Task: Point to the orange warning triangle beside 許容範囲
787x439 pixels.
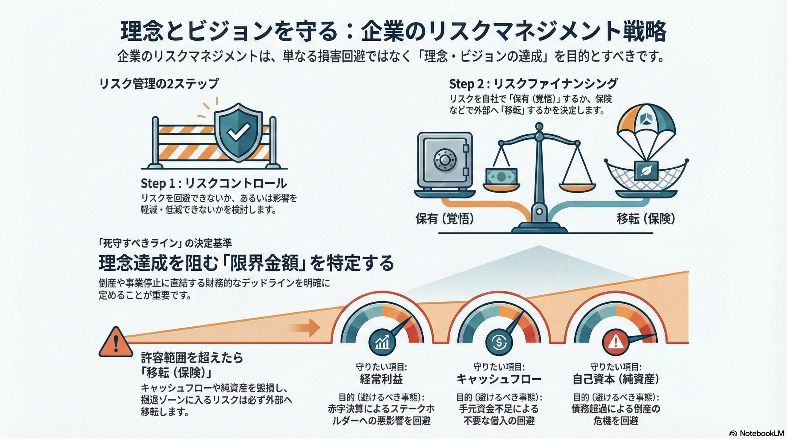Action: [116, 343]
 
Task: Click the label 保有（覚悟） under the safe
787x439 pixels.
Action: [445, 219]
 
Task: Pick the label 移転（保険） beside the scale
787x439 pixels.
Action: [646, 219]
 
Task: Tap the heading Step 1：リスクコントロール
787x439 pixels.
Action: [214, 183]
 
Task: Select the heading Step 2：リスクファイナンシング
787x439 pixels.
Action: [533, 84]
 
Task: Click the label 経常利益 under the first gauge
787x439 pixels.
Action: [381, 379]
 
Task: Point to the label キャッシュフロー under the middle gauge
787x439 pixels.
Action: [499, 379]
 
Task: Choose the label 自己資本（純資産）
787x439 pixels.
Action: [616, 379]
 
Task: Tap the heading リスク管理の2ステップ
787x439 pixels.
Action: [159, 84]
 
